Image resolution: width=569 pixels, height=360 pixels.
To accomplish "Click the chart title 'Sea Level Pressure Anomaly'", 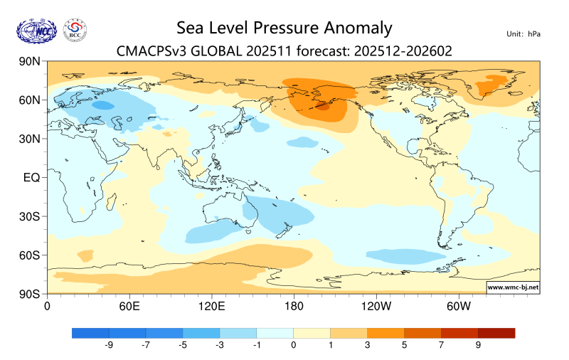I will point(284,28).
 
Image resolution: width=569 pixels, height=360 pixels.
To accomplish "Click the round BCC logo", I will point(75,30).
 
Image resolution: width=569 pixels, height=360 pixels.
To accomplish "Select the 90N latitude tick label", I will point(28,62).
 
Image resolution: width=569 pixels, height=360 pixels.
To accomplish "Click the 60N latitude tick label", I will point(28,100).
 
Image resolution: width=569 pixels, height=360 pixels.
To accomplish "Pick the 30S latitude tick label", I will point(29,216).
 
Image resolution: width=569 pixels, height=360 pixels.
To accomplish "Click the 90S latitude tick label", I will point(29,293).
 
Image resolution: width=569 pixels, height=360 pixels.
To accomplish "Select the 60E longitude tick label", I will point(129,306).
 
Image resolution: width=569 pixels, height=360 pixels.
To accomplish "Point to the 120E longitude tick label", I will point(211,306).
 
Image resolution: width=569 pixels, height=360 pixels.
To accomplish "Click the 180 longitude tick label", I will point(293,306).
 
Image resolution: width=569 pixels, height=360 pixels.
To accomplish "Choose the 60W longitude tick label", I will point(459,306).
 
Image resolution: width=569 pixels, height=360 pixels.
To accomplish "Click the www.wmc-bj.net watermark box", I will point(512,287).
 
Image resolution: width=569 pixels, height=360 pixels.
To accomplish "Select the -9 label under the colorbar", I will point(109,345).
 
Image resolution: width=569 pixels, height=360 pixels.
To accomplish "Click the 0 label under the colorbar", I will point(294,345).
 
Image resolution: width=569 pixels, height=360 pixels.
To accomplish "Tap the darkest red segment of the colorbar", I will point(496,332).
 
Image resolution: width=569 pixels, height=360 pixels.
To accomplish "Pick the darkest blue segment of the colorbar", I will point(90,332).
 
